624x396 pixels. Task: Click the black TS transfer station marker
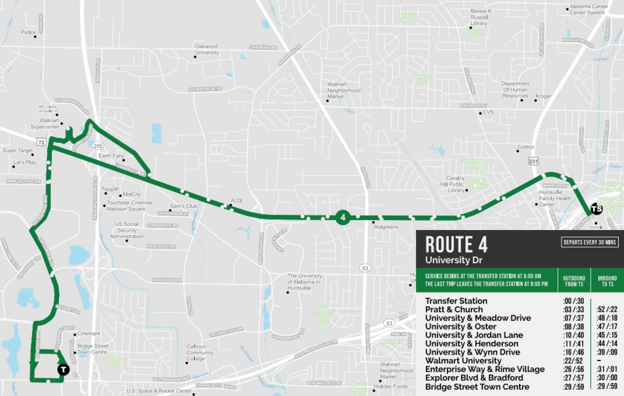tap(596, 209)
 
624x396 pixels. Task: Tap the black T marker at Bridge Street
tap(64, 369)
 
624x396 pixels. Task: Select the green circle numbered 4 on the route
tap(343, 217)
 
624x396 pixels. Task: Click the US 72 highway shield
tap(41, 142)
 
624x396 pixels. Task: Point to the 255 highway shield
tap(98, 146)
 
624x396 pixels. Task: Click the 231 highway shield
tap(533, 161)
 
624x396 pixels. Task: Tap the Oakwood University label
tap(207, 50)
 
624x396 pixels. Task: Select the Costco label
tap(526, 147)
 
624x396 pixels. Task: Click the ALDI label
tap(236, 200)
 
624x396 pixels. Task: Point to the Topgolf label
tap(110, 189)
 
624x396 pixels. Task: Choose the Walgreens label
tap(385, 227)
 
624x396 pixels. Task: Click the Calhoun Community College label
tap(200, 352)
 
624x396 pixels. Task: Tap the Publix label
tap(28, 32)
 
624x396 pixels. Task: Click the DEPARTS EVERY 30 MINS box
tap(589, 242)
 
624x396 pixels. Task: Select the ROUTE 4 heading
tap(456, 244)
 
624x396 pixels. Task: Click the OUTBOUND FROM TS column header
tap(574, 281)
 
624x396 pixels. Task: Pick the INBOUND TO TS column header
tap(607, 281)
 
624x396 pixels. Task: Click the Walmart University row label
tap(463, 361)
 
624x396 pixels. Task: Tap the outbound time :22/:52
tap(573, 361)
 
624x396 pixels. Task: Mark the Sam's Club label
tap(184, 206)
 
